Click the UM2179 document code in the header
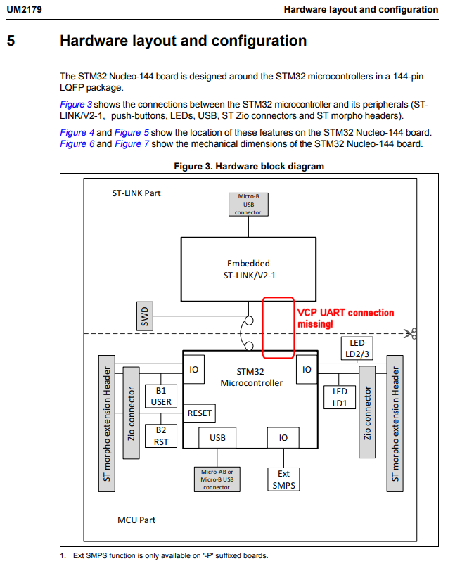(x=24, y=10)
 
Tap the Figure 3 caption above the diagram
(x=249, y=167)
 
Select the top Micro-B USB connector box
(x=248, y=205)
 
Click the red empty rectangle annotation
(x=278, y=327)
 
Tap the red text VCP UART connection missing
(x=345, y=318)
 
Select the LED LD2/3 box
(x=357, y=348)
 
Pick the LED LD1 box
(x=340, y=396)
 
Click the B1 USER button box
(x=162, y=396)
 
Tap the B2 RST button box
(x=162, y=436)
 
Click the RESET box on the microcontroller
(x=199, y=413)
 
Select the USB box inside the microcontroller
(x=217, y=437)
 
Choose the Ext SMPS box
(x=283, y=479)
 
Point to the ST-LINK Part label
(x=136, y=193)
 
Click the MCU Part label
(x=136, y=520)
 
